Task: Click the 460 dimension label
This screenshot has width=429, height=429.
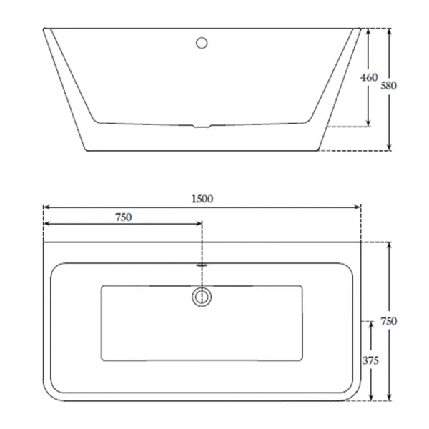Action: pos(369,77)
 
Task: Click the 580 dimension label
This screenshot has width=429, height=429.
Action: pos(388,86)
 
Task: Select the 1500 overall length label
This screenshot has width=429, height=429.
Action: pos(202,199)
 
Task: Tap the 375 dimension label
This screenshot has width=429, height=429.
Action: pos(370,360)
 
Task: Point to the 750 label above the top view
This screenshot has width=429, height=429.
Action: pos(124,217)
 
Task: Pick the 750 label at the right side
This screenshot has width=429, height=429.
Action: pos(388,321)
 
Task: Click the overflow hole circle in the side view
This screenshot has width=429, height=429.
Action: pos(202,43)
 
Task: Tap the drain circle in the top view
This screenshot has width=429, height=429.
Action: pos(202,297)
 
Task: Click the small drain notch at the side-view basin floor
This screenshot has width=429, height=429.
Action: pos(202,127)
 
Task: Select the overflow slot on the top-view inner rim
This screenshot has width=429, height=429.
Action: pos(202,265)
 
